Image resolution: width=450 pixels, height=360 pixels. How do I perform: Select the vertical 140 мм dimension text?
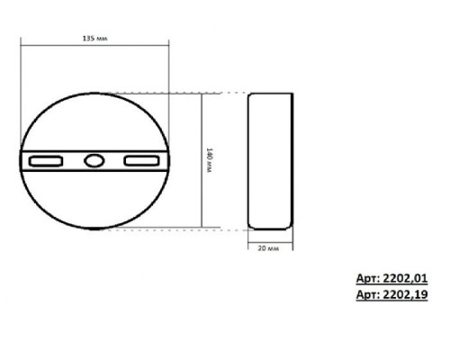(x=209, y=160)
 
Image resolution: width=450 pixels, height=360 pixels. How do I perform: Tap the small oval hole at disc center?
(x=94, y=160)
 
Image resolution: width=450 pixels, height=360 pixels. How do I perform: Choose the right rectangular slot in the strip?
(x=141, y=160)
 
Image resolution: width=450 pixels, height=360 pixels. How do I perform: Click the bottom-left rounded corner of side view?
(x=252, y=225)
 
